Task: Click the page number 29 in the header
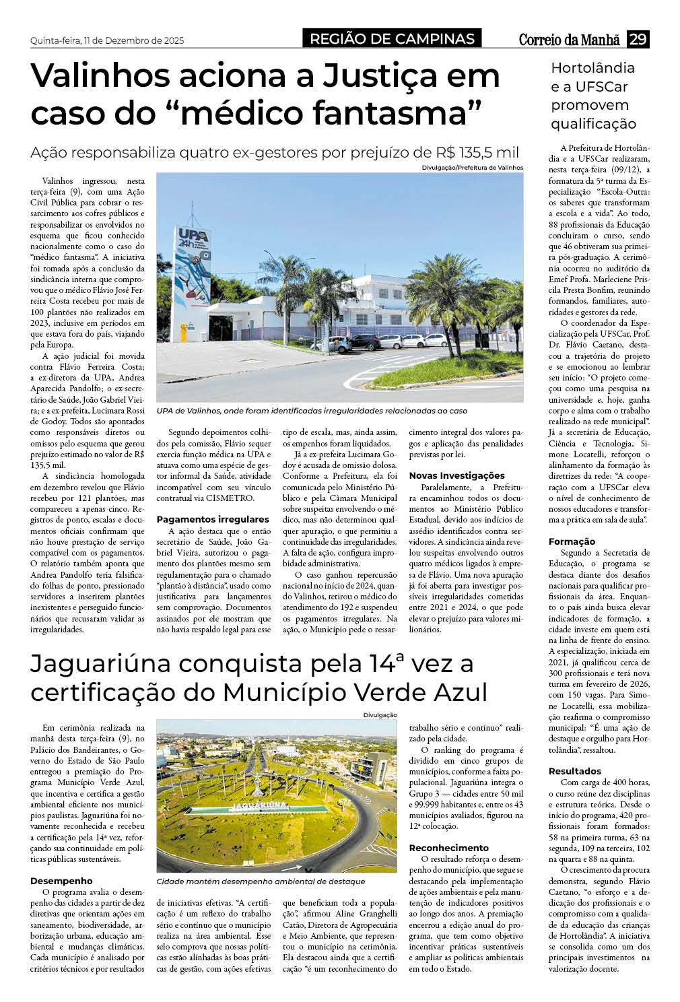[x=637, y=39]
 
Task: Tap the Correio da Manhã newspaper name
[x=569, y=40]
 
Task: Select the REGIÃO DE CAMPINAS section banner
[x=392, y=39]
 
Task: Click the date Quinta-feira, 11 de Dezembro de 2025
[x=107, y=40]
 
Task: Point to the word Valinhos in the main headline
[x=100, y=76]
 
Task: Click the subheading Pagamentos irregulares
[x=213, y=519]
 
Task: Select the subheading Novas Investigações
[x=456, y=475]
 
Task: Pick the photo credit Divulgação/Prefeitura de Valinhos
[x=472, y=167]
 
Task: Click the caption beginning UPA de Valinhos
[x=312, y=411]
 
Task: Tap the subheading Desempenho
[x=61, y=881]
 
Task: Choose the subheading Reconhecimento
[x=449, y=848]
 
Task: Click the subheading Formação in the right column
[x=572, y=541]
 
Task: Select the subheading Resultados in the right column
[x=575, y=771]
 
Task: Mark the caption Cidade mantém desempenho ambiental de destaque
[x=261, y=881]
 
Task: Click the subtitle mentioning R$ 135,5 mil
[x=275, y=152]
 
